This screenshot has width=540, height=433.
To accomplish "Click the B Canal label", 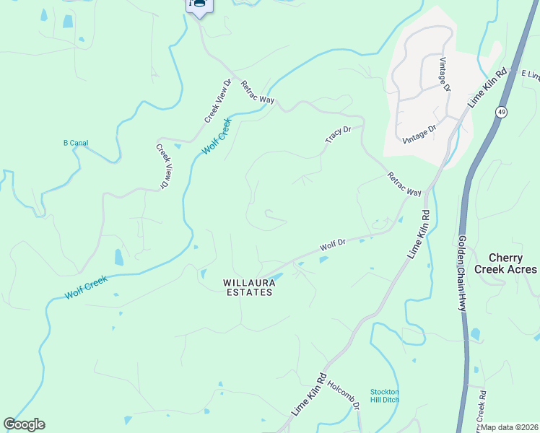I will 76,143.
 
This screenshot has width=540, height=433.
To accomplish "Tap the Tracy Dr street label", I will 338,134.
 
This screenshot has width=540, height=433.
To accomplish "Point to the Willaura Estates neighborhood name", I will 248,287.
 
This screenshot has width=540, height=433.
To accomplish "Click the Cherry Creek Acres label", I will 512,263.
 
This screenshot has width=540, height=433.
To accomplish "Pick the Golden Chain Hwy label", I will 461,272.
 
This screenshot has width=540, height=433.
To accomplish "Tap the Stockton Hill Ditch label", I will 384,395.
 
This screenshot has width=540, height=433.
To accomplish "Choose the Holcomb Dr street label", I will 343,395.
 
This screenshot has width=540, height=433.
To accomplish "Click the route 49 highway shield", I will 500,111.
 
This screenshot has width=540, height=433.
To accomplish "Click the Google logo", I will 24,424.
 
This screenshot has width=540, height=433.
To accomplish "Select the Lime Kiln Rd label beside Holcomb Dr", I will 310,394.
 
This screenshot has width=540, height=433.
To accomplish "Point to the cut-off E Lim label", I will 530,75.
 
